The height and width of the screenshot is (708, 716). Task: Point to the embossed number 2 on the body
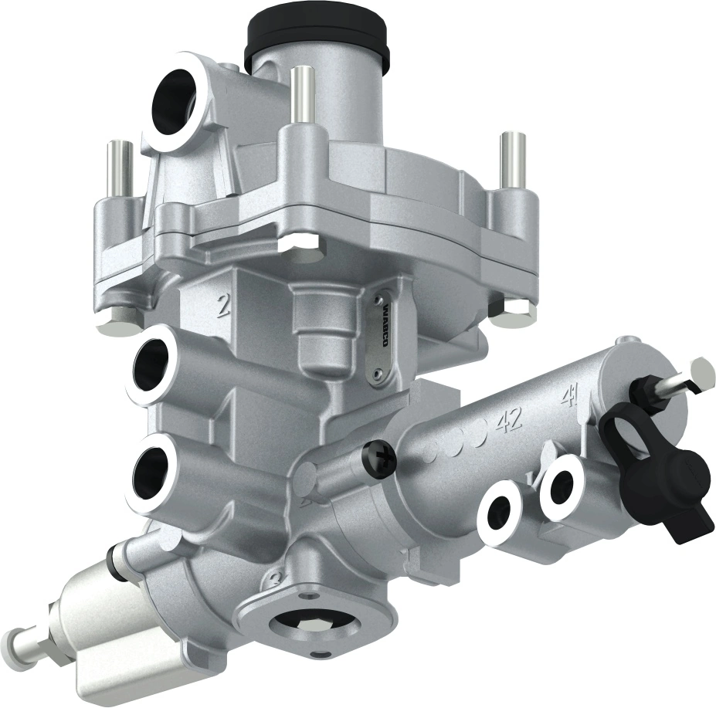223,306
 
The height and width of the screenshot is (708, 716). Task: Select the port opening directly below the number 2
154,364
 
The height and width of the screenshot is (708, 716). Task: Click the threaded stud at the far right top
512,159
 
